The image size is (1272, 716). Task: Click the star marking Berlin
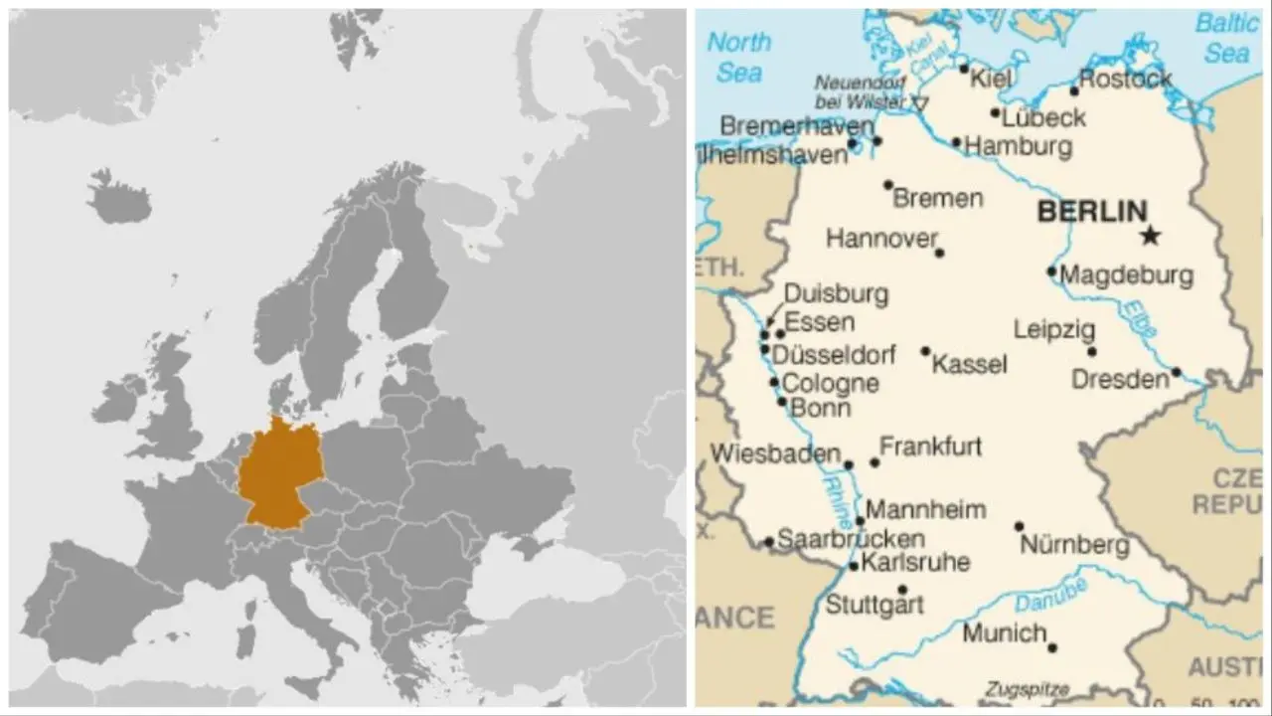1150,236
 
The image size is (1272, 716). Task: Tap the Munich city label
1004,632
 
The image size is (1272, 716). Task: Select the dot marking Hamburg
956,142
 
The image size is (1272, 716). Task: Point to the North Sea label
738,57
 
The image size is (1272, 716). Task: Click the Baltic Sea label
1226,38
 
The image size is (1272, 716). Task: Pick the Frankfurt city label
930,447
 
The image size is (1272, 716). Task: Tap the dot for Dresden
1176,372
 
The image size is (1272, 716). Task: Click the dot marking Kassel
925,351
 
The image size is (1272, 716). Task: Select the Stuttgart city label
874,604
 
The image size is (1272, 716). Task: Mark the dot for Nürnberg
1019,526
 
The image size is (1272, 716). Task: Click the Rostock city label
1125,79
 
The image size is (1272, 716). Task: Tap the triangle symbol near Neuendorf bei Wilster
919,101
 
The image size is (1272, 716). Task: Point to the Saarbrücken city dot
768,542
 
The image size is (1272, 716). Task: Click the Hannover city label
881,239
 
